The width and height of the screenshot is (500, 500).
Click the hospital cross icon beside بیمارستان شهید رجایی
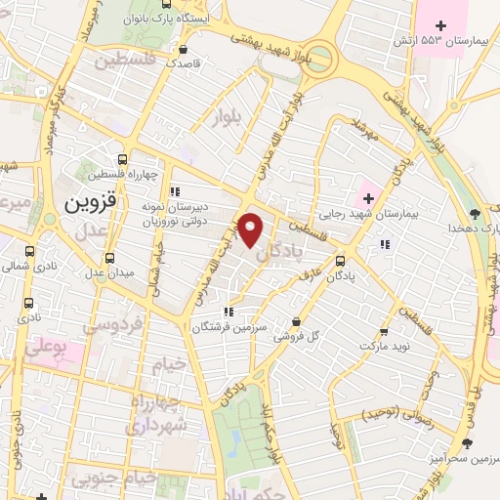point(367,198)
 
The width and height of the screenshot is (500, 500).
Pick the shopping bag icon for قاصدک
point(183,48)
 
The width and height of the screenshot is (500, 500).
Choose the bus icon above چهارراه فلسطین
point(123,159)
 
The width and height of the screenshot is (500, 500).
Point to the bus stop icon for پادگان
point(340,261)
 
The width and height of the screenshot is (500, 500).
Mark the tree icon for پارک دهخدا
point(475,212)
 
